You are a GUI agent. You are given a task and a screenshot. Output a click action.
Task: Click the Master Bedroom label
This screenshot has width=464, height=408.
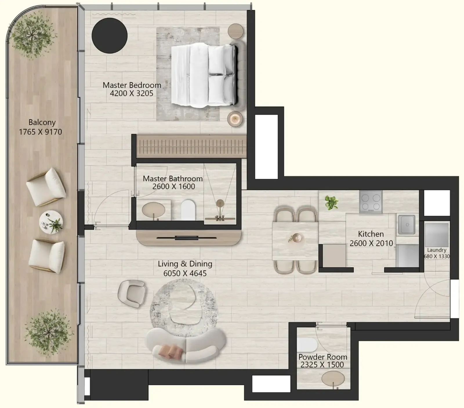coord(132,85)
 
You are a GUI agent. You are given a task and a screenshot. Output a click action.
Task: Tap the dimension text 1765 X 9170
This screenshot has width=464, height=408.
coord(41,132)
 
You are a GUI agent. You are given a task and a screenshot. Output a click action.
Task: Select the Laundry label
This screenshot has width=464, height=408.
coord(436,250)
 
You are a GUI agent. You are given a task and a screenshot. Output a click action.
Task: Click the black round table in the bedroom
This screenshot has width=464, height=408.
coord(110,36)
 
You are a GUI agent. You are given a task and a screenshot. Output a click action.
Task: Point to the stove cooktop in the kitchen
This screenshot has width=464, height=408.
coord(371,202)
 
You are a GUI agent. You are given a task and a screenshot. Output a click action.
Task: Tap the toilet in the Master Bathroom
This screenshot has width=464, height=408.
coord(188,210)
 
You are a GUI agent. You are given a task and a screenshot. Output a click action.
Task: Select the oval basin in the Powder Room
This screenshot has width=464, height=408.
coord(333,378)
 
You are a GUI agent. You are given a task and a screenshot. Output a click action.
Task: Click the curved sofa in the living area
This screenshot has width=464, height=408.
coord(186,345)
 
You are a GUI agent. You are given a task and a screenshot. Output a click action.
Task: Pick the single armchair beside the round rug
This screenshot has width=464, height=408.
coord(132,293)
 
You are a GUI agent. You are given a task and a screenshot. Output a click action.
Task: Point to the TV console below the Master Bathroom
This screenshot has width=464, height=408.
coord(189,238)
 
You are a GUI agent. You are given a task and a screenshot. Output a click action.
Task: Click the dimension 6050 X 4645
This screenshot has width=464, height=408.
coord(185,273)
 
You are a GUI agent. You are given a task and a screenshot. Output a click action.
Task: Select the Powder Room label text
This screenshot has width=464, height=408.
coord(323,357)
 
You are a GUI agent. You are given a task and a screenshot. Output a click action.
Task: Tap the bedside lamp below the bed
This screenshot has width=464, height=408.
coord(235,119)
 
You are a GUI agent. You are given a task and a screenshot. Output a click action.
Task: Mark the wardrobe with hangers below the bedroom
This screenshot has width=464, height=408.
coord(191,146)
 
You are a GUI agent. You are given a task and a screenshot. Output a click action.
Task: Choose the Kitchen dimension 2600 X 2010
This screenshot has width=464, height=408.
coord(371,243)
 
